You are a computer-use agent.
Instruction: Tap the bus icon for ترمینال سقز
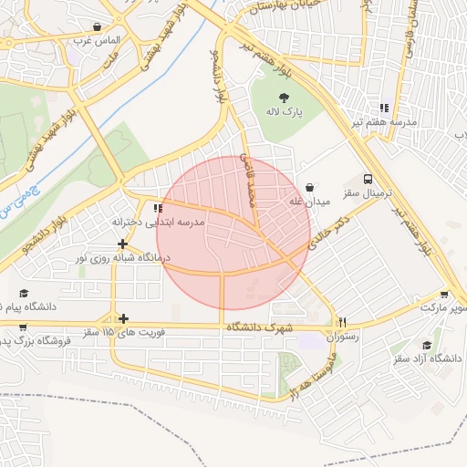click(368, 180)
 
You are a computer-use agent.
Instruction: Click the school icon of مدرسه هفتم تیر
click(384, 107)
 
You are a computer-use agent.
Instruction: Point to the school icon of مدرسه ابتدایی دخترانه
click(160, 208)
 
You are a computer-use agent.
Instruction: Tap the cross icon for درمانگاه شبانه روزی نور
click(123, 244)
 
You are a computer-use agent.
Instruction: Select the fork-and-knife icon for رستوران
click(343, 321)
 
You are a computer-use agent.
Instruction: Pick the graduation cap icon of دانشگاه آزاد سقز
click(427, 345)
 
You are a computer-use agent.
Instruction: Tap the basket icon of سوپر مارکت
click(443, 295)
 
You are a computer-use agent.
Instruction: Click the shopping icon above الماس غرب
click(98, 26)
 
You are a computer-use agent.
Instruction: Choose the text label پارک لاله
click(284, 111)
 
